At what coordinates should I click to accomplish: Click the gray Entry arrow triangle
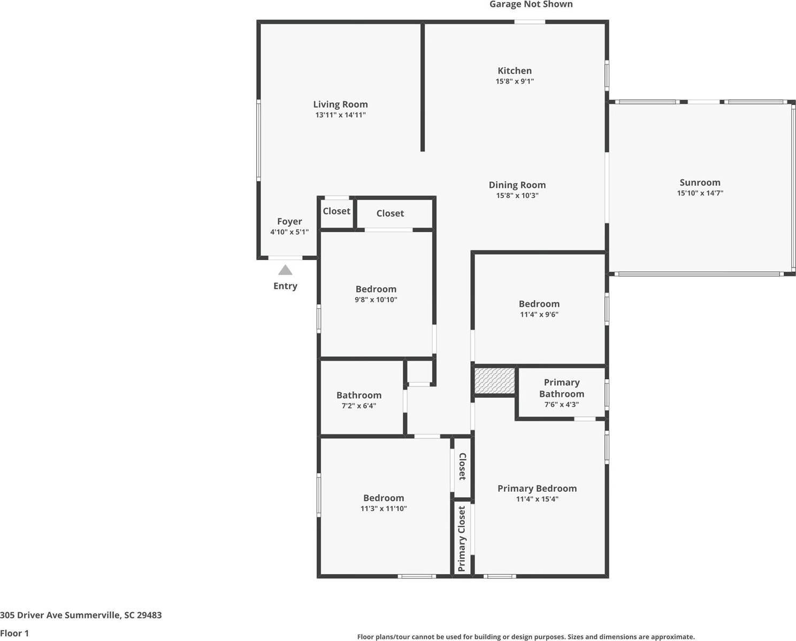pyautogui.click(x=285, y=270)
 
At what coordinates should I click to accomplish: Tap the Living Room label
pyautogui.click(x=340, y=104)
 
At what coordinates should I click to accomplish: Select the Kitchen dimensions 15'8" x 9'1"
pyautogui.click(x=515, y=81)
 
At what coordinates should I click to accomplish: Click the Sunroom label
pyautogui.click(x=700, y=182)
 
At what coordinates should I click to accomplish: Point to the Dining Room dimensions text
pyautogui.click(x=517, y=196)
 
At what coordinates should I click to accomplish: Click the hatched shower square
pyautogui.click(x=495, y=380)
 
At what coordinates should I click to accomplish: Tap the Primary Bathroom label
pyautogui.click(x=561, y=388)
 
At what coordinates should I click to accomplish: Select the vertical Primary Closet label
pyautogui.click(x=462, y=539)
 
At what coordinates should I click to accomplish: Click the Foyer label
pyautogui.click(x=289, y=222)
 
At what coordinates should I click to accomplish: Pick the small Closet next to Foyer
pyautogui.click(x=336, y=211)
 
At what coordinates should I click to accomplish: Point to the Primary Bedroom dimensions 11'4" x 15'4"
pyautogui.click(x=537, y=499)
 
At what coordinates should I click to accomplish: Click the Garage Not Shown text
pyautogui.click(x=531, y=5)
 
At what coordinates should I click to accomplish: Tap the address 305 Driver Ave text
pyautogui.click(x=81, y=615)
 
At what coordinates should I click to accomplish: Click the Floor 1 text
pyautogui.click(x=14, y=633)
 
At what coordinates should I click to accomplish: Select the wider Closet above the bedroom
pyautogui.click(x=390, y=213)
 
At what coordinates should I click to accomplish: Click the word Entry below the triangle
pyautogui.click(x=285, y=286)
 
